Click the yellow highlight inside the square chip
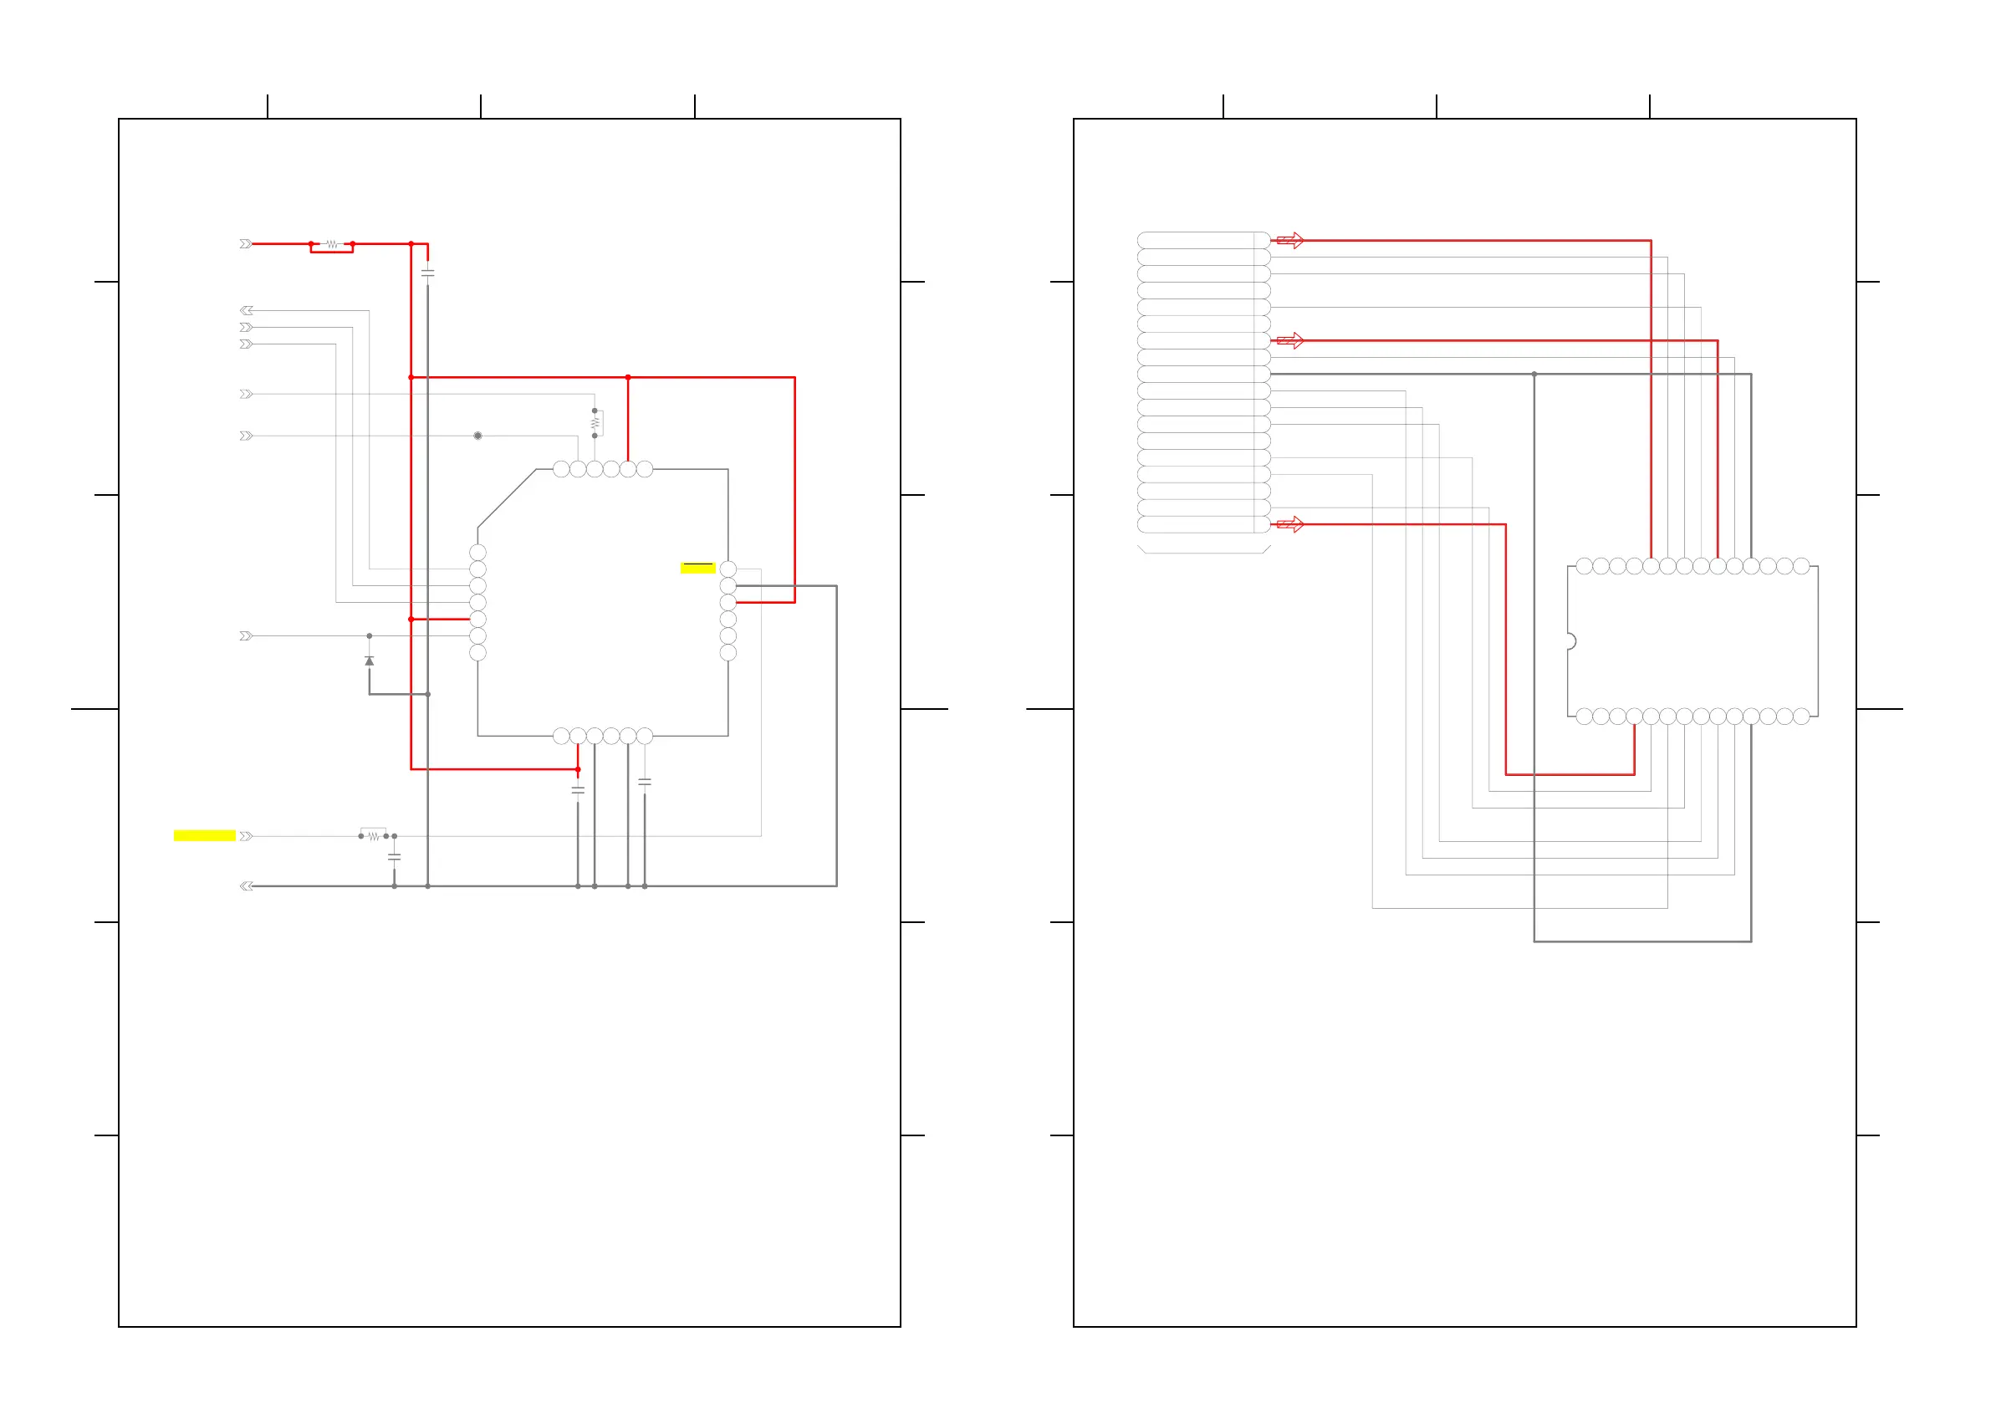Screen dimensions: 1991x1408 coord(697,568)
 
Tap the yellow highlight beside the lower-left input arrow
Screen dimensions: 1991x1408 coord(204,836)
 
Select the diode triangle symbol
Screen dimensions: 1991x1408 coord(370,661)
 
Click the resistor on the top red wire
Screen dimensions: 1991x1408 coord(332,245)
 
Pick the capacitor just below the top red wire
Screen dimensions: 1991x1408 coord(427,273)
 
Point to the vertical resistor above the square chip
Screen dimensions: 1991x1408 coord(595,423)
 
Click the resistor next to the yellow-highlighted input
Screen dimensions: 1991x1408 coord(374,836)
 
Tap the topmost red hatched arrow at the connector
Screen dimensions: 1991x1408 coord(1290,240)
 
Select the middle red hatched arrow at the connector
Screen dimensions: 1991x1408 coord(1290,341)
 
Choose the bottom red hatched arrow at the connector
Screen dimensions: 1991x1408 coord(1290,524)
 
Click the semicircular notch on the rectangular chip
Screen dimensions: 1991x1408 coord(1570,641)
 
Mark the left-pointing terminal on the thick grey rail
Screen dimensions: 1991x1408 coord(247,886)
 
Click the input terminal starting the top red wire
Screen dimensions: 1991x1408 coord(247,244)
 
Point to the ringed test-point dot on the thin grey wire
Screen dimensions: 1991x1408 coord(477,436)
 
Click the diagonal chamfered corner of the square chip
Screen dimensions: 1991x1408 coord(507,498)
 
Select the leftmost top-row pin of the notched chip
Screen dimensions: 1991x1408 coord(1585,566)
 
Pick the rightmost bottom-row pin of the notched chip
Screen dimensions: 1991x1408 coord(1801,717)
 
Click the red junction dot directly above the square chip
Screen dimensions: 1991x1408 coord(628,378)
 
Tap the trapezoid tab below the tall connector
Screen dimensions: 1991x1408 coord(1203,549)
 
